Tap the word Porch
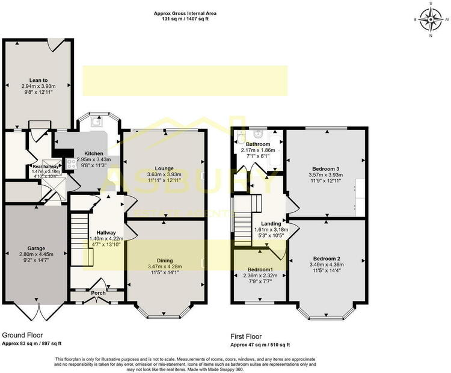point(97,294)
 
